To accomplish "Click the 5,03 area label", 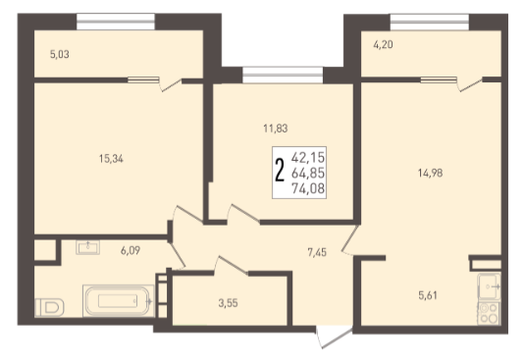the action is click(x=60, y=54).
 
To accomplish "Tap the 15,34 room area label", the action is click(x=111, y=159).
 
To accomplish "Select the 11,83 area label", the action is click(x=276, y=129).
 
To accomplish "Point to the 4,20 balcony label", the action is click(x=383, y=44).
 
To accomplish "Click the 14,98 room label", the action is click(x=430, y=173).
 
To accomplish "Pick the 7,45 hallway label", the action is click(x=317, y=252).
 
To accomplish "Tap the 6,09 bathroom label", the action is click(x=131, y=250).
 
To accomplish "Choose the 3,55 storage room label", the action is click(x=228, y=303).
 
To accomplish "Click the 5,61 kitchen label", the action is click(x=428, y=295).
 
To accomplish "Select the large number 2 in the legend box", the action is click(x=280, y=170).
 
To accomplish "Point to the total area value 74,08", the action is click(x=308, y=188).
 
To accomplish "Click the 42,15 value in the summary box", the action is click(x=308, y=157).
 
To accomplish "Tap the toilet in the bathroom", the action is click(x=49, y=307).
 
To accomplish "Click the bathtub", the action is click(x=119, y=301).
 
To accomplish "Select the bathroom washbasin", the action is click(x=87, y=247).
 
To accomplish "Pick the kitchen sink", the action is click(x=489, y=286).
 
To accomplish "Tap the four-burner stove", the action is click(x=489, y=313).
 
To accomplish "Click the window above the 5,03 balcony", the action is click(x=116, y=22).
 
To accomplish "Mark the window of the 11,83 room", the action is click(x=283, y=75).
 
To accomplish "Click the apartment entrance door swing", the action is click(x=335, y=337).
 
